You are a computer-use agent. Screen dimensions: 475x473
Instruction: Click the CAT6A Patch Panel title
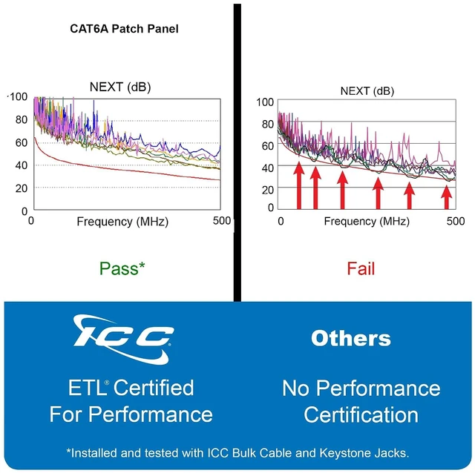pos(124,29)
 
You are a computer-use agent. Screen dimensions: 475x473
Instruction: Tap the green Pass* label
pos(122,268)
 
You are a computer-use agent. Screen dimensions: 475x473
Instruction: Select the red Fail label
pos(361,268)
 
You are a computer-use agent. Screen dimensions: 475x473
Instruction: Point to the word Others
pos(351,338)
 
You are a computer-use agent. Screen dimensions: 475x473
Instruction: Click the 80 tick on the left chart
pos(22,119)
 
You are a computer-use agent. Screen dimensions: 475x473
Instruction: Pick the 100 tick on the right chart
pos(265,102)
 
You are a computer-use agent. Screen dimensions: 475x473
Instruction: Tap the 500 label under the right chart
pos(455,221)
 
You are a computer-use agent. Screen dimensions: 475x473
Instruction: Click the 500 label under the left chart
pos(221,221)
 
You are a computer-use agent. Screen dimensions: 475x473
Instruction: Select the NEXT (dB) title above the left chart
pos(120,87)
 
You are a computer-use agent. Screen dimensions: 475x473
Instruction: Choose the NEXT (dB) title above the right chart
pos(367,90)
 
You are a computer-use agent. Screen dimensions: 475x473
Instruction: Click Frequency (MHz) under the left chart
pos(122,222)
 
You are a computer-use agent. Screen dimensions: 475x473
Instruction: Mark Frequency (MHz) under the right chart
pos(367,221)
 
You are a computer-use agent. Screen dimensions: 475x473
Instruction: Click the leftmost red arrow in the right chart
pos(299,185)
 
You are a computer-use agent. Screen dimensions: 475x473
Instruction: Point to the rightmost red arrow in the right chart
pos(447,197)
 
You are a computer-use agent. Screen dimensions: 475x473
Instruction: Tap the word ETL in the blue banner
pos(86,387)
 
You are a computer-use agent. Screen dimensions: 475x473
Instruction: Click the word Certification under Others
pos(361,414)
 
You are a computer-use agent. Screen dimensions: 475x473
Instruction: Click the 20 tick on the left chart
pos(22,188)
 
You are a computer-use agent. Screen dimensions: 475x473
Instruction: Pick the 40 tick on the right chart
pos(268,168)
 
